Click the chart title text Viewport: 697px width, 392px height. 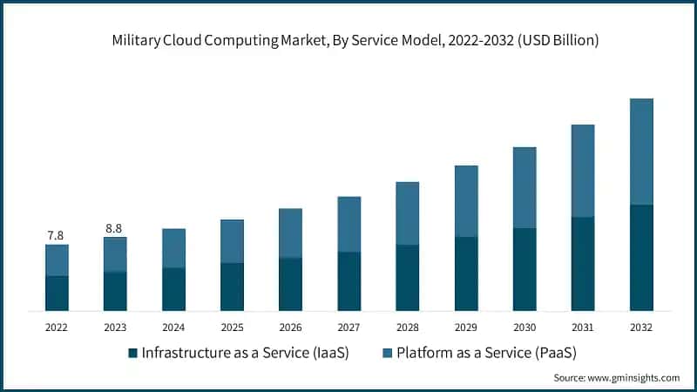coord(348,40)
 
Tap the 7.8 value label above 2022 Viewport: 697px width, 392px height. coord(56,235)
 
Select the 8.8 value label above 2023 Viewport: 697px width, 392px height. coord(114,228)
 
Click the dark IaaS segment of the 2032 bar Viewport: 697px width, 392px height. coord(640,257)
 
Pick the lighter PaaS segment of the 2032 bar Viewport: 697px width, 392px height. coord(640,152)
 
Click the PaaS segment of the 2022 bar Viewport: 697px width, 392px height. coord(57,260)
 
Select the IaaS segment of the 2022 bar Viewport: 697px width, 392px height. coord(57,293)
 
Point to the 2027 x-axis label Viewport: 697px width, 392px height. coord(348,328)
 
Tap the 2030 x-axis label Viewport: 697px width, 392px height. coord(524,328)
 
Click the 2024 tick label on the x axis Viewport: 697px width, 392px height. coord(173,328)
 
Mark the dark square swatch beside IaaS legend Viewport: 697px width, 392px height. coord(132,353)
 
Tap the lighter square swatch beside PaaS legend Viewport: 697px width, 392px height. coord(386,353)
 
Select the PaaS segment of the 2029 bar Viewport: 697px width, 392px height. coord(465,201)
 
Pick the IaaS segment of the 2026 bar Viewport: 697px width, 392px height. coord(290,284)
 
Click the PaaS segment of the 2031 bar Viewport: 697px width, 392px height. coord(582,171)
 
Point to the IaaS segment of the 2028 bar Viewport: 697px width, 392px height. coord(407,277)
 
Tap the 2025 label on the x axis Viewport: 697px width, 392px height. coord(232,328)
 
